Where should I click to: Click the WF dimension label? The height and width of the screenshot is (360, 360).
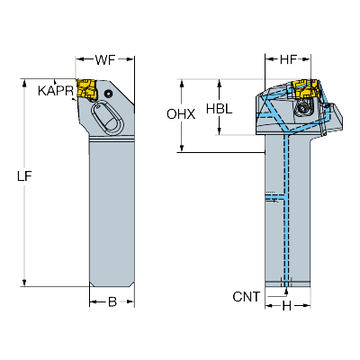tap(105, 60)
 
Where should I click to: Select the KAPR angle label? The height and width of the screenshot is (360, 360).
tap(56, 91)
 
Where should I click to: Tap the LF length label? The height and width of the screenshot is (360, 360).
tap(24, 176)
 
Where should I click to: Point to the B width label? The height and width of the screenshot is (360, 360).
tap(112, 302)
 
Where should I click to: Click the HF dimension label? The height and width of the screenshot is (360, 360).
tap(288, 60)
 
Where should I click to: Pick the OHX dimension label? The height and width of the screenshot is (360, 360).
tap(181, 114)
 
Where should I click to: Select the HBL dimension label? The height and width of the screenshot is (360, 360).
tap(220, 109)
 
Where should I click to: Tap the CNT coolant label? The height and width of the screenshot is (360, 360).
tap(247, 297)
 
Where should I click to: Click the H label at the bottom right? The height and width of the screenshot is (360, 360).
tap(287, 306)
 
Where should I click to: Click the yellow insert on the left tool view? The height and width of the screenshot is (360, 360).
tap(86, 88)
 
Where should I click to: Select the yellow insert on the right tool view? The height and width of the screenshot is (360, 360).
tap(305, 88)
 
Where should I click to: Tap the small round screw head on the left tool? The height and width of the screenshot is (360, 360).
tap(108, 94)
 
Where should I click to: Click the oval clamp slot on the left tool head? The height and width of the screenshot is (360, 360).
tap(107, 117)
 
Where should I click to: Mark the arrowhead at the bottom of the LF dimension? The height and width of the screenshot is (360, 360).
tap(24, 283)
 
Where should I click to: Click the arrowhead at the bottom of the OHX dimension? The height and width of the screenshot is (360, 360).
tap(182, 148)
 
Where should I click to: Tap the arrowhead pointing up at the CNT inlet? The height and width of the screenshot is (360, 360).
tap(286, 291)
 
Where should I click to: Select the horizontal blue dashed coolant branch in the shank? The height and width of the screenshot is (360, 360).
tap(274, 196)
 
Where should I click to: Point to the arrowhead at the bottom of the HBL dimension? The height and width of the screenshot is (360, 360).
tap(220, 131)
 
